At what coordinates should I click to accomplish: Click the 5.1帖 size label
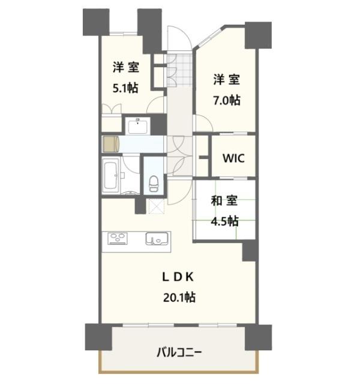point(125,88)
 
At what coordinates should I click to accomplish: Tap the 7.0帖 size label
point(227,100)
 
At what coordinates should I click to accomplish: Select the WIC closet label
point(233,158)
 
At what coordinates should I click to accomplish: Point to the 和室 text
point(224,202)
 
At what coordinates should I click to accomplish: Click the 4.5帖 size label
point(225,221)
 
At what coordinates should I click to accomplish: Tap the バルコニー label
point(179,352)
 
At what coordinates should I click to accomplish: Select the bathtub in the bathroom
point(111,176)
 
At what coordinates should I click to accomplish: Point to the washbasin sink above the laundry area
point(139,126)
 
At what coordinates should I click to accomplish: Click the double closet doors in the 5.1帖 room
point(112,109)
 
